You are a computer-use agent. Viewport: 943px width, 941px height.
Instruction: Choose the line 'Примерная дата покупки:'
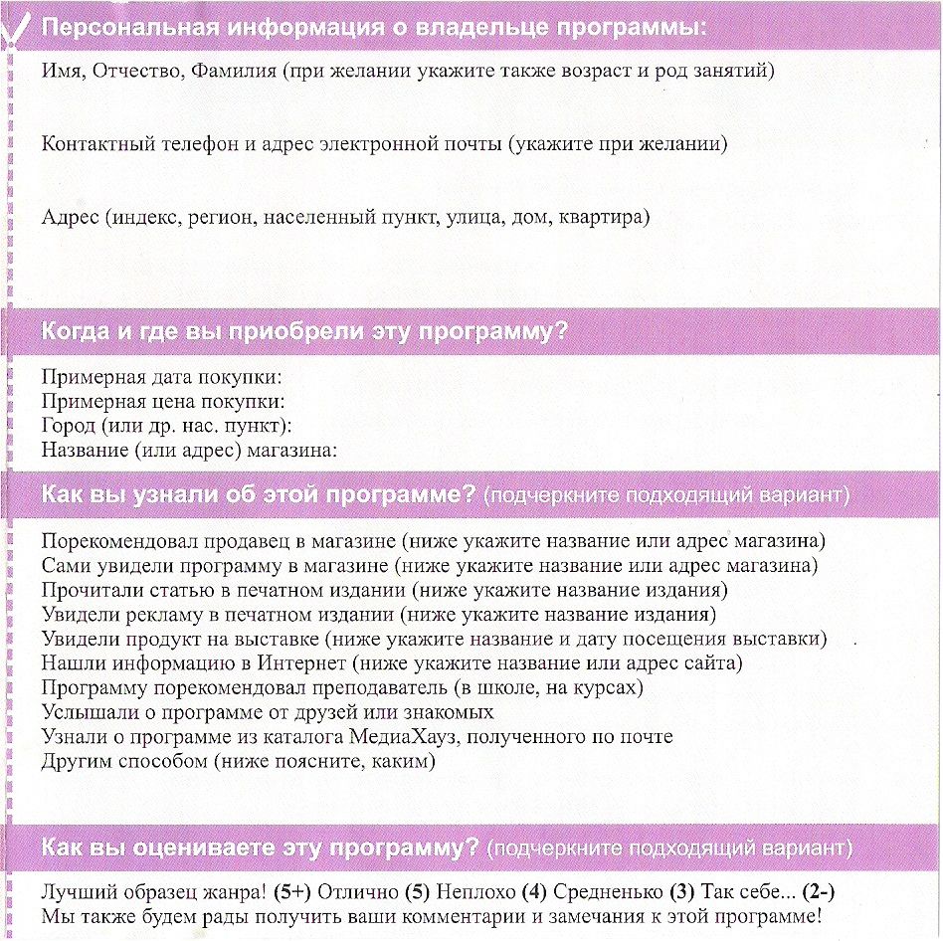162,378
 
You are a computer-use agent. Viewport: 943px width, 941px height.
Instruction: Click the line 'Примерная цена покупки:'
164,402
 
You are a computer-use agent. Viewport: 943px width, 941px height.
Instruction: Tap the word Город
71,426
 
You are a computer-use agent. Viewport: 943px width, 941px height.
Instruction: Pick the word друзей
355,712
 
